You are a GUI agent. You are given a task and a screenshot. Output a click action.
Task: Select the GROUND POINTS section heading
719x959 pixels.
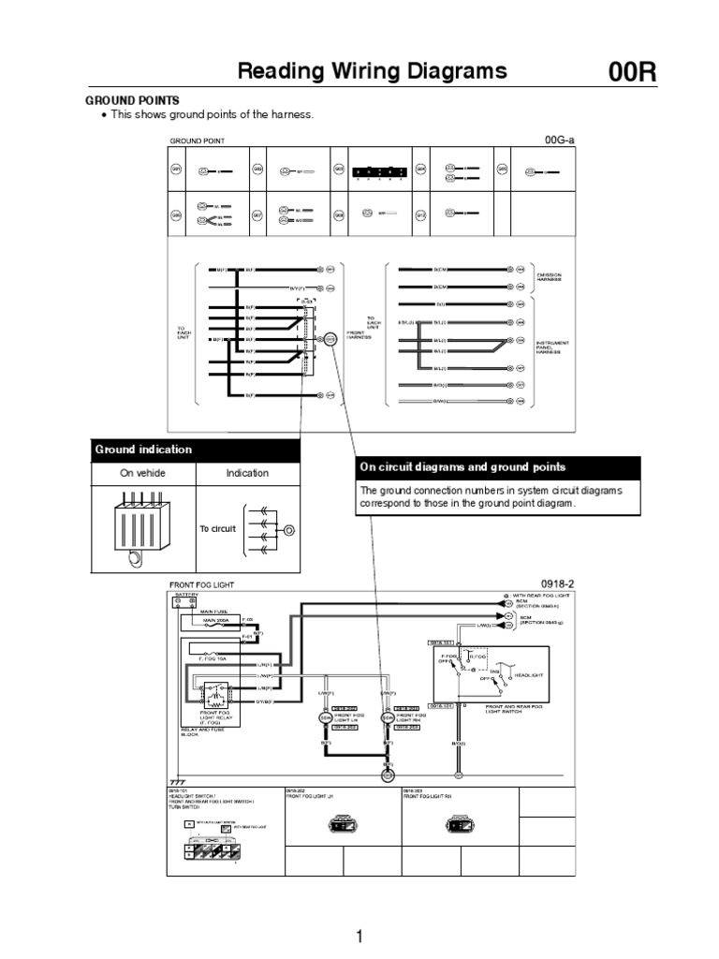[x=133, y=99]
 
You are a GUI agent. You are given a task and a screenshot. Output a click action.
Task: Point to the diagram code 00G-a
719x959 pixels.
[x=559, y=140]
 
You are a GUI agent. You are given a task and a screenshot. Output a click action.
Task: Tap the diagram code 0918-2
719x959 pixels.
[x=558, y=583]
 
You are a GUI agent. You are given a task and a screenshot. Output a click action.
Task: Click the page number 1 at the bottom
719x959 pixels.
[x=359, y=936]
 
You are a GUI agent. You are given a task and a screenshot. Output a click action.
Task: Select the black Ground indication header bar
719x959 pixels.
[x=196, y=450]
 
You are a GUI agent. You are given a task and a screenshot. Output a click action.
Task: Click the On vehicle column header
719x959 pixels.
[x=142, y=473]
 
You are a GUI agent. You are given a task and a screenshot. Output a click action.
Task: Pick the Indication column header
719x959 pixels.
[x=247, y=473]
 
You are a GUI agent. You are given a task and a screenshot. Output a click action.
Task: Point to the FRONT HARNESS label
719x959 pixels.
[x=360, y=334]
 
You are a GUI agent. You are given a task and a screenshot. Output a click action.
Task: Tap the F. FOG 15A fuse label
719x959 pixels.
[x=212, y=658]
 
